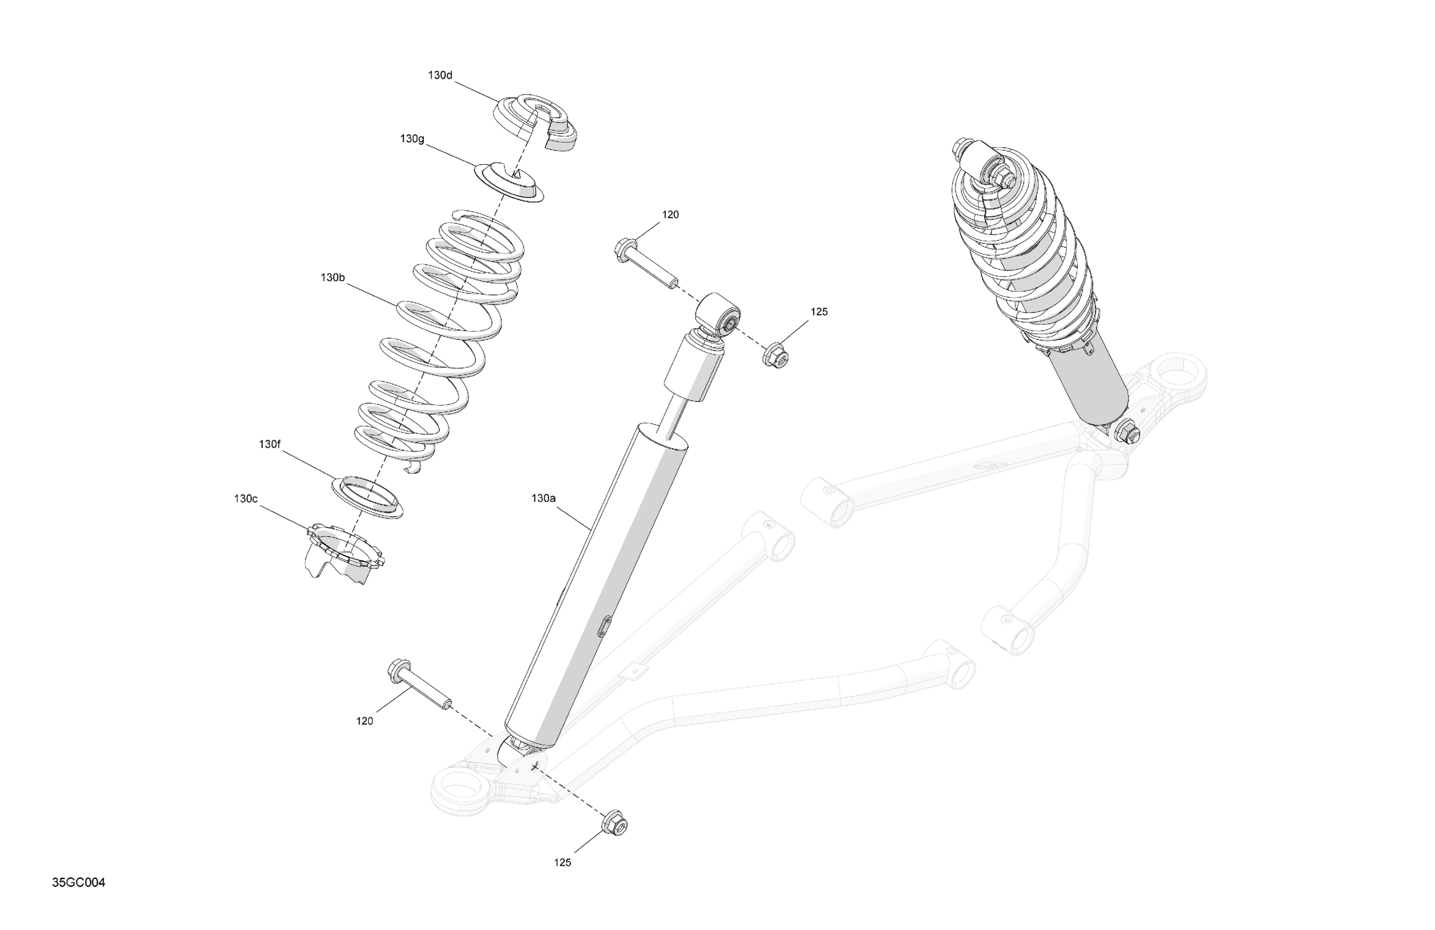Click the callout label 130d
click(439, 75)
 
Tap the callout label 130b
click(332, 278)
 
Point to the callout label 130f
click(269, 444)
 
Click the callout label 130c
click(245, 498)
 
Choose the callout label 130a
click(543, 498)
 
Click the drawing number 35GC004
click(78, 882)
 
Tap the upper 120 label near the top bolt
click(670, 214)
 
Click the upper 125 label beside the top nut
click(819, 312)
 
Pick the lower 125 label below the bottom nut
click(562, 863)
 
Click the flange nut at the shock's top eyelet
click(776, 356)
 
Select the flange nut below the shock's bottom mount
click(615, 823)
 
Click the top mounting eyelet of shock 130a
click(719, 313)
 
